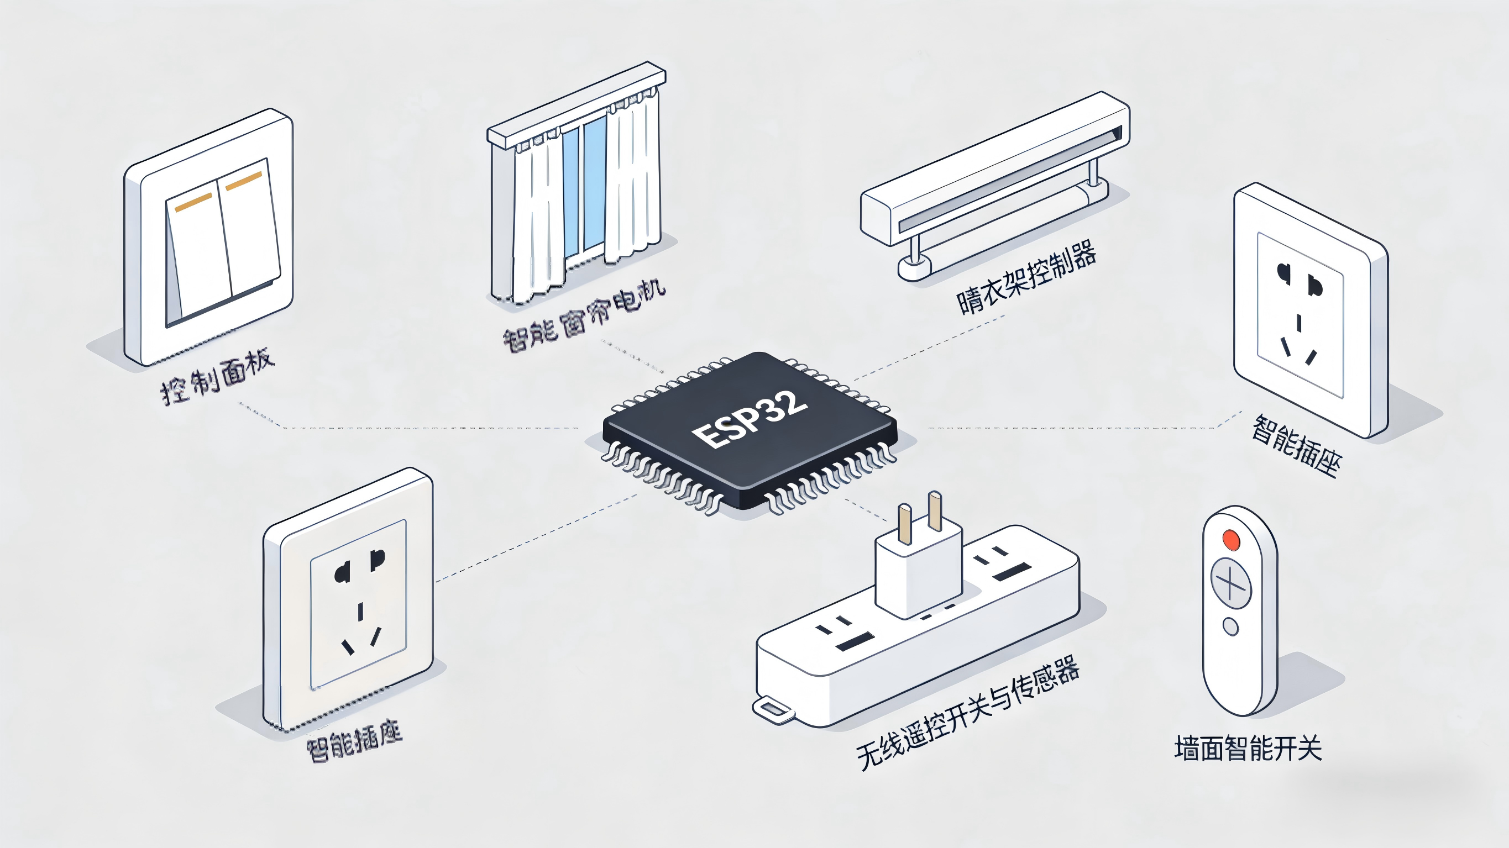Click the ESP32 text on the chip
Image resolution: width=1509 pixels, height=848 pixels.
750,418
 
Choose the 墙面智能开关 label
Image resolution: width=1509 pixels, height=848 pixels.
1248,749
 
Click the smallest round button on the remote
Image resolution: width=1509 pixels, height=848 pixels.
1231,626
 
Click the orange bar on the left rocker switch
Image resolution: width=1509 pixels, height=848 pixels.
193,202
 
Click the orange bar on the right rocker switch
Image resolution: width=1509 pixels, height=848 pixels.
244,181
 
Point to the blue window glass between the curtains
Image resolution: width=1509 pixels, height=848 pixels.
594,182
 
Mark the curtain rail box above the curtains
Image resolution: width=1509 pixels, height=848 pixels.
577,106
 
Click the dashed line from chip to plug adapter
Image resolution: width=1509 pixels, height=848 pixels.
865,509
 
